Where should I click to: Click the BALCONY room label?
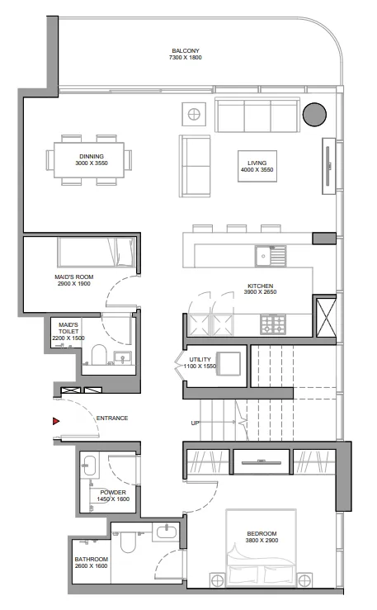(x=185, y=51)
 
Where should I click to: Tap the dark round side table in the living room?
(x=313, y=114)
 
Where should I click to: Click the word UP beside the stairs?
(x=196, y=423)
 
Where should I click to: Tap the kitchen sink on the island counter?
(x=270, y=257)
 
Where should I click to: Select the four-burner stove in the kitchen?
(x=273, y=324)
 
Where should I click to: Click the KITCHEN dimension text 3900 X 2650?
(x=260, y=292)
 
